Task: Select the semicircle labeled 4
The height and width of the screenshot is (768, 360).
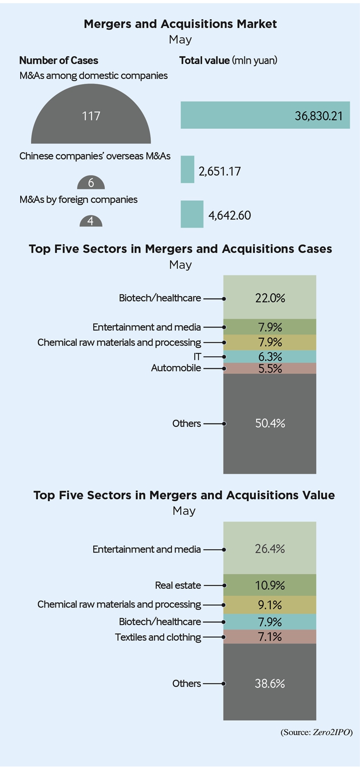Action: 91,221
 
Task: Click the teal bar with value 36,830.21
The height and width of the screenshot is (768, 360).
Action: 265,115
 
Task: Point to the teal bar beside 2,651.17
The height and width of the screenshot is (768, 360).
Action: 187,170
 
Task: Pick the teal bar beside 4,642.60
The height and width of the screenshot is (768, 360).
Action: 192,214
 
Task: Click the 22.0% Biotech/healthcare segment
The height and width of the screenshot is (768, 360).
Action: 269,297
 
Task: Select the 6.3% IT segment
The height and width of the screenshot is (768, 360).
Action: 269,356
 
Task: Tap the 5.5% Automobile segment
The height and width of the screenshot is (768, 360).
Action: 269,368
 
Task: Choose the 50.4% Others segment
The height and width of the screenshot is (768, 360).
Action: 269,424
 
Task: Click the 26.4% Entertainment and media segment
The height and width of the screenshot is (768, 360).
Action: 269,548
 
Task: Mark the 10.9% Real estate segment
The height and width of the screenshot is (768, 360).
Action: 269,585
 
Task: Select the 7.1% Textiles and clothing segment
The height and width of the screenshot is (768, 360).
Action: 269,637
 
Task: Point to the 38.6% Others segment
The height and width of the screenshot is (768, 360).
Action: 269,682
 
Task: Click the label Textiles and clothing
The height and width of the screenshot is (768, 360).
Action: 158,637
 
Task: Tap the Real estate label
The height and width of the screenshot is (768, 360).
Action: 178,585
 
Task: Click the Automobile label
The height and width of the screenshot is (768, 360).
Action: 176,368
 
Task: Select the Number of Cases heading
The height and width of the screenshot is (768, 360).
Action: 58,60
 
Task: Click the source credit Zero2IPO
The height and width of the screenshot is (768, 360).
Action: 331,732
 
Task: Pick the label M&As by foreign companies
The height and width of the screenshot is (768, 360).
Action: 79,199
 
